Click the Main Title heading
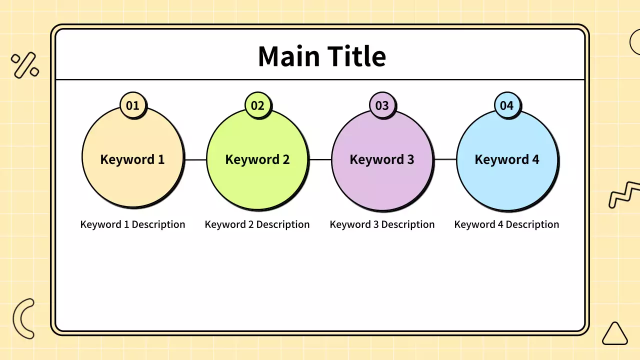coord(322,56)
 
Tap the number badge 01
coord(133,105)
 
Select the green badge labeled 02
coord(257,105)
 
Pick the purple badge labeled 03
coord(382,105)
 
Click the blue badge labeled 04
coord(507,105)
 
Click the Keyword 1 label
coord(132,159)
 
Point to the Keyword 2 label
coord(257,159)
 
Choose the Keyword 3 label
coord(382,159)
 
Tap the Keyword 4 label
coord(507,159)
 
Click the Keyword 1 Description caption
coord(132,224)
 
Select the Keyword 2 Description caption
coord(257,224)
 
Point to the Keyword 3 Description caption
coord(382,224)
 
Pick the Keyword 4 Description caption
coord(506,224)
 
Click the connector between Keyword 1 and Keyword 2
coord(195,159)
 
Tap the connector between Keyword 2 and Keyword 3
coord(320,159)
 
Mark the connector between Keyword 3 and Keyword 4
coord(445,159)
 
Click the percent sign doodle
coord(25,65)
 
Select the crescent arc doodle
coord(17,318)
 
